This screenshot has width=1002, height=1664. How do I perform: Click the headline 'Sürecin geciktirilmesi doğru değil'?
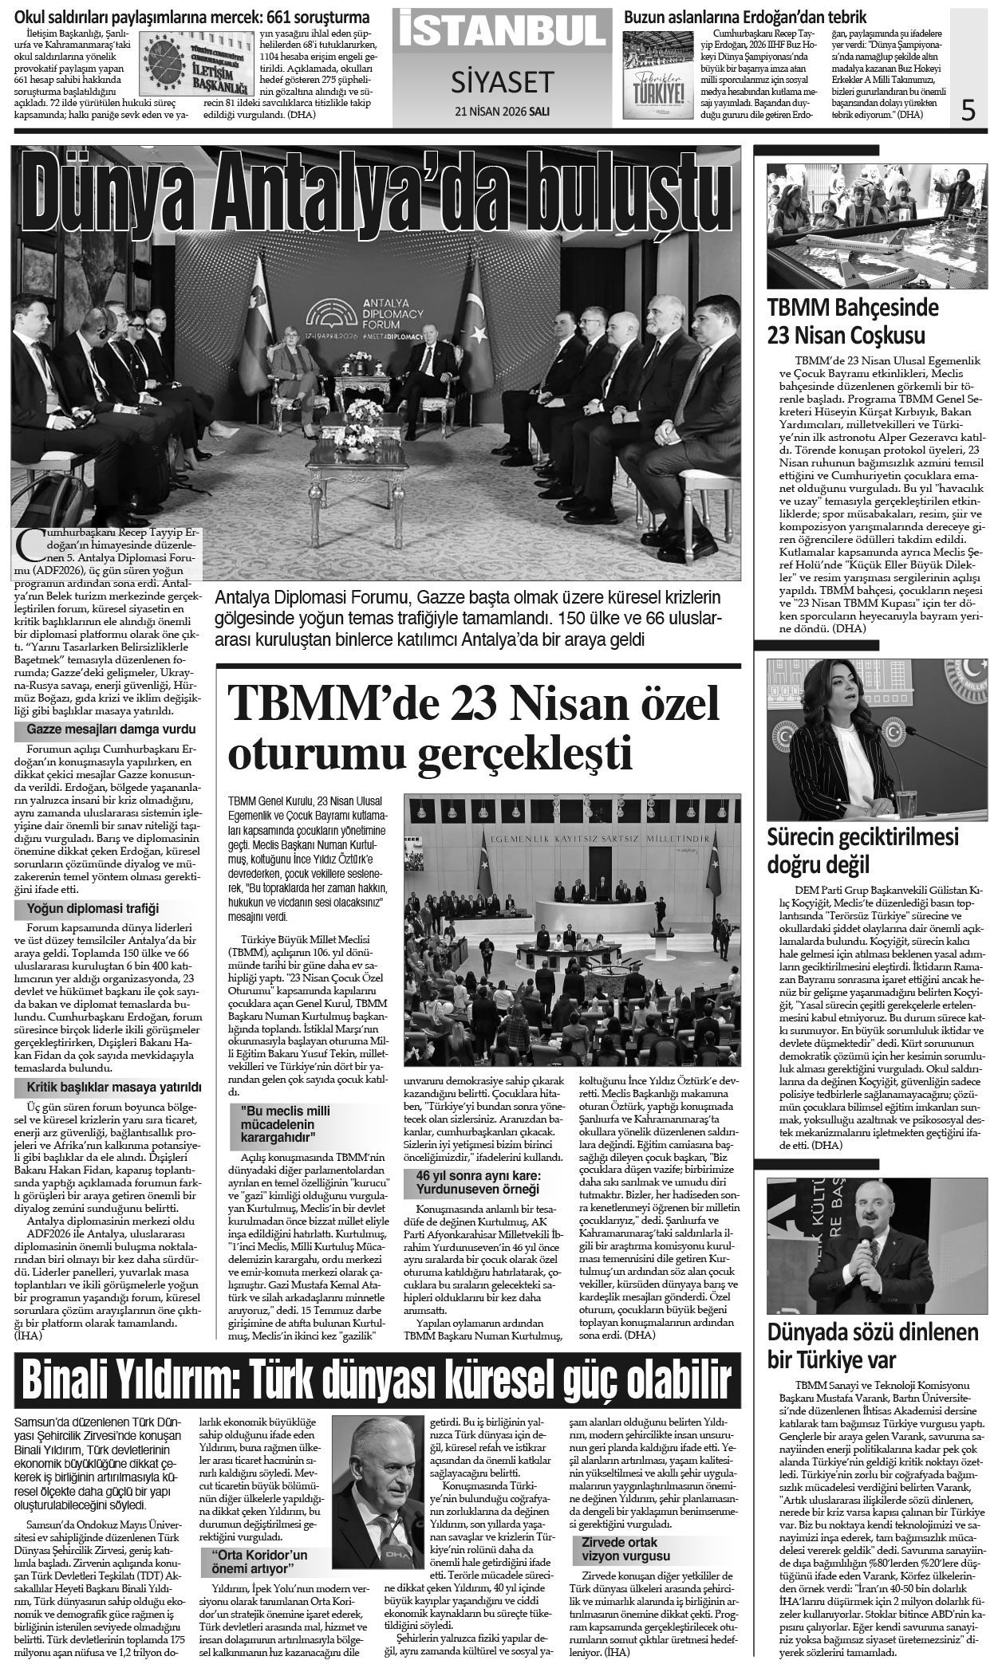(x=862, y=850)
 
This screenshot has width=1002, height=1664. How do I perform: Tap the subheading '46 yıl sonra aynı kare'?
(x=477, y=1182)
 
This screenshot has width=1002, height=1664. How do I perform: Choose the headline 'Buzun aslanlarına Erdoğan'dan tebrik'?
(x=745, y=17)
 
